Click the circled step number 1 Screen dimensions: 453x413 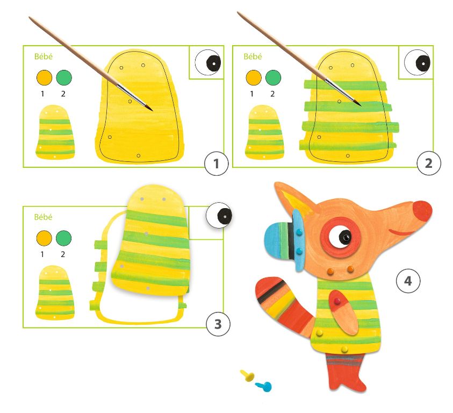coord(217,163)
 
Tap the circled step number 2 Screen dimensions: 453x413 coord(429,163)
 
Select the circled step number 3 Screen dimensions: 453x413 coord(218,324)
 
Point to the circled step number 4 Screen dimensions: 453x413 coord(408,281)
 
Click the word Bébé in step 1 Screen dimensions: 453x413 coord(44,56)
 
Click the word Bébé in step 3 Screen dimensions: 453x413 coord(44,217)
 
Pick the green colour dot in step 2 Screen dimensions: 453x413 coord(274,77)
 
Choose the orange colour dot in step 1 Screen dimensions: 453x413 coord(44,77)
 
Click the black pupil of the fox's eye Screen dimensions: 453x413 coord(345,237)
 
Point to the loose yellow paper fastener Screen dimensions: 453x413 coord(248,376)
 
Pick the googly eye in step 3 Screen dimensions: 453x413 coord(219,216)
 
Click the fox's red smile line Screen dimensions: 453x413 coord(402,231)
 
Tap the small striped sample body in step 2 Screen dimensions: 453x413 coord(264,132)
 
